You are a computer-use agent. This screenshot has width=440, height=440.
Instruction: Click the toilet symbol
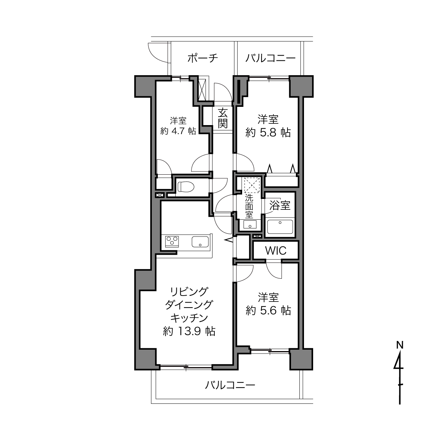pos(186,187)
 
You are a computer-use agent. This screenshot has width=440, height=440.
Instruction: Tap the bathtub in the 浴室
pos(280,227)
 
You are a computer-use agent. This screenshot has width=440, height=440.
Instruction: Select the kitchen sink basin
pos(200,242)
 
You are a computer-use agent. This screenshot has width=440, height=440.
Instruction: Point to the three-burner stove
pos(172,241)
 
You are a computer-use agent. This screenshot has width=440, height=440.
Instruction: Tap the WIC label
pos(276,251)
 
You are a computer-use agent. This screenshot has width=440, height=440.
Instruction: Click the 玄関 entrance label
pos(222,118)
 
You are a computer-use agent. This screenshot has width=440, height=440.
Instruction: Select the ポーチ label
pos(202,58)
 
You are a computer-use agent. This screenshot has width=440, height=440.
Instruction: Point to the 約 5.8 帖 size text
pos(268,132)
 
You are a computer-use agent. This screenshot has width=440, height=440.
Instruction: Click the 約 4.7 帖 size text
pos(178,131)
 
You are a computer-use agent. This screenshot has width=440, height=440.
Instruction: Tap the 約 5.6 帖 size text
pos(268,311)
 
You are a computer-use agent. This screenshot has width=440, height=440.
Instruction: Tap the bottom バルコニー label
pos(230,385)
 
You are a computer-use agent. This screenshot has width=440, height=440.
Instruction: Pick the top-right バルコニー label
pos(270,58)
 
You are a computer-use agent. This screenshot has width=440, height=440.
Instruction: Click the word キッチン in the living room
pos(189,318)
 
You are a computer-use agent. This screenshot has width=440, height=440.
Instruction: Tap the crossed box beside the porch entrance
pos(202,90)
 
